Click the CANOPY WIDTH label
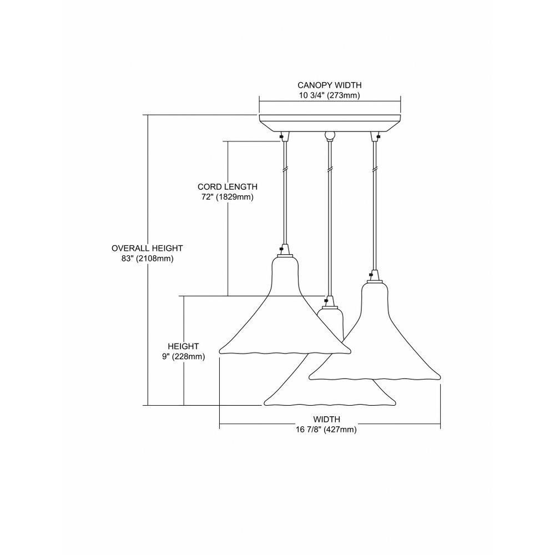click(330, 85)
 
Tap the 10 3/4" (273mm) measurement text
click(330, 95)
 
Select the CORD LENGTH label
click(228, 186)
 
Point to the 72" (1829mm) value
click(228, 197)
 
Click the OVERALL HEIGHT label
click(147, 249)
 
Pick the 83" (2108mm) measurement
click(147, 259)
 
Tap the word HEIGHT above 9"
click(183, 346)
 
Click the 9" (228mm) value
click(183, 356)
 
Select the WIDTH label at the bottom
click(327, 420)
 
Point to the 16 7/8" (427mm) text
click(326, 430)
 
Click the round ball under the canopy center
click(330, 135)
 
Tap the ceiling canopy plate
click(330, 123)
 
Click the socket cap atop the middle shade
click(329, 302)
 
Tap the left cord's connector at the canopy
click(284, 137)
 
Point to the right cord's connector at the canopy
click(375, 137)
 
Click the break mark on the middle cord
click(330, 169)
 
